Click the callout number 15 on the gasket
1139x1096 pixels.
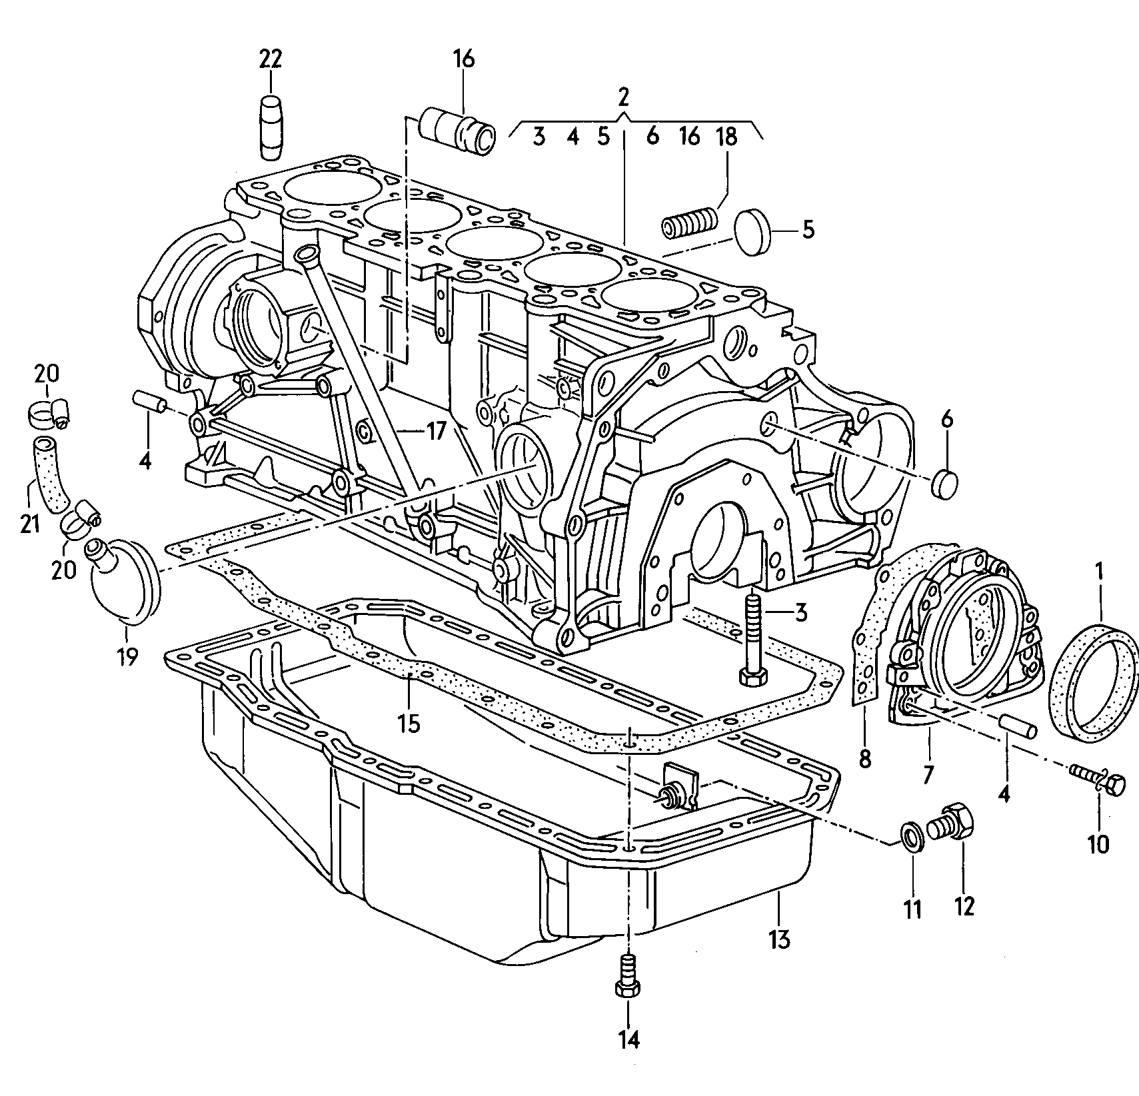click(x=410, y=723)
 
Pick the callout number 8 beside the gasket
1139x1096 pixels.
click(x=864, y=759)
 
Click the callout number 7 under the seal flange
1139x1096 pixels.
click(x=928, y=773)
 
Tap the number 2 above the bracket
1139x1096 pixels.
click(x=622, y=97)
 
